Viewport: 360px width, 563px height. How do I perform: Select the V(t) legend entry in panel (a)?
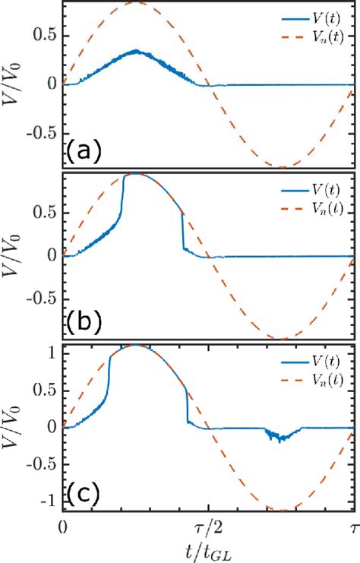point(320,13)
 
